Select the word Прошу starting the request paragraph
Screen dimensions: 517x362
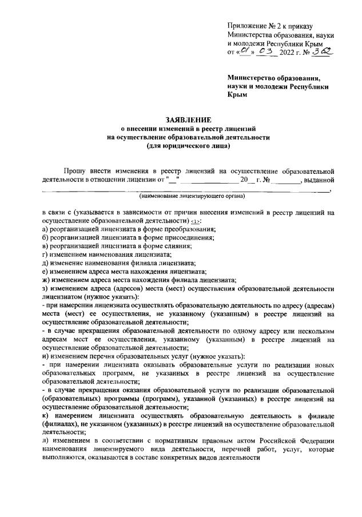coord(75,170)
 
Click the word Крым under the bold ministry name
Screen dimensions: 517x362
coord(237,95)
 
